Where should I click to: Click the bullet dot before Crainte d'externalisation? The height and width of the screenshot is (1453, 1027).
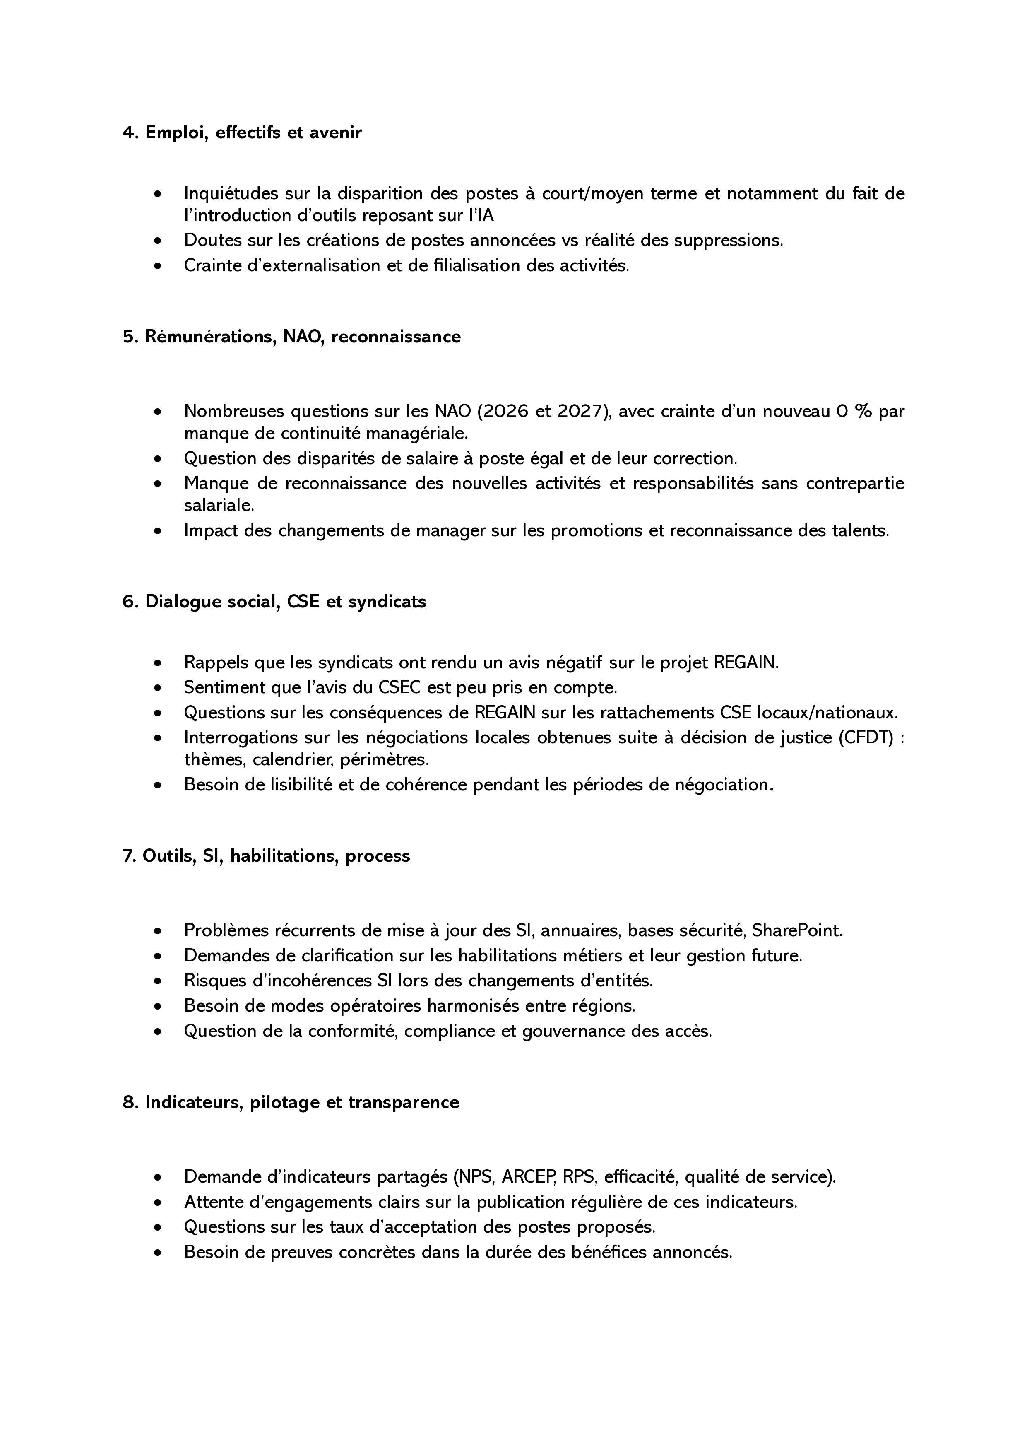(x=158, y=266)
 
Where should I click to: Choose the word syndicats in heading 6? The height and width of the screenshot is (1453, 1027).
(x=387, y=602)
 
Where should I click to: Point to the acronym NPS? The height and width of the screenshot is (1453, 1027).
(x=474, y=1177)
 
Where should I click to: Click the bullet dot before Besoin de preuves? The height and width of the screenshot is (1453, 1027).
(x=158, y=1253)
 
